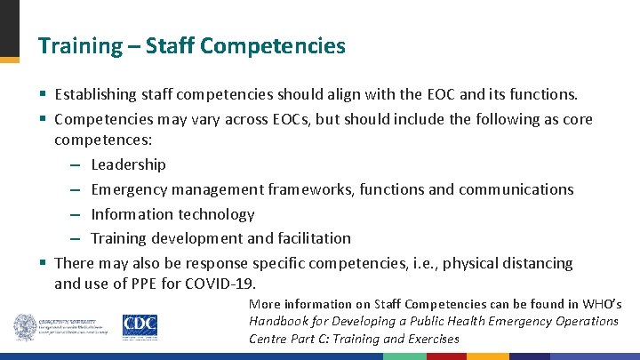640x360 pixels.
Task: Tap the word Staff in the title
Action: pyautogui.click(x=161, y=46)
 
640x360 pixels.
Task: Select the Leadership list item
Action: pyautogui.click(x=128, y=164)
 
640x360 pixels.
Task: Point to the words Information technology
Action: pyautogui.click(x=172, y=214)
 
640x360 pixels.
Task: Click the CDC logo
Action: pyautogui.click(x=140, y=327)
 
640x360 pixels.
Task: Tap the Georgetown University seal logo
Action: pyautogui.click(x=24, y=327)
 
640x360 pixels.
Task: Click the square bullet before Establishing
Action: pyautogui.click(x=43, y=94)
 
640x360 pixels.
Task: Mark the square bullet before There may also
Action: pyautogui.click(x=43, y=264)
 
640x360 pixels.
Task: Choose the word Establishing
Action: pyautogui.click(x=95, y=94)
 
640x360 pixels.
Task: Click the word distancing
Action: pyautogui.click(x=538, y=264)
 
